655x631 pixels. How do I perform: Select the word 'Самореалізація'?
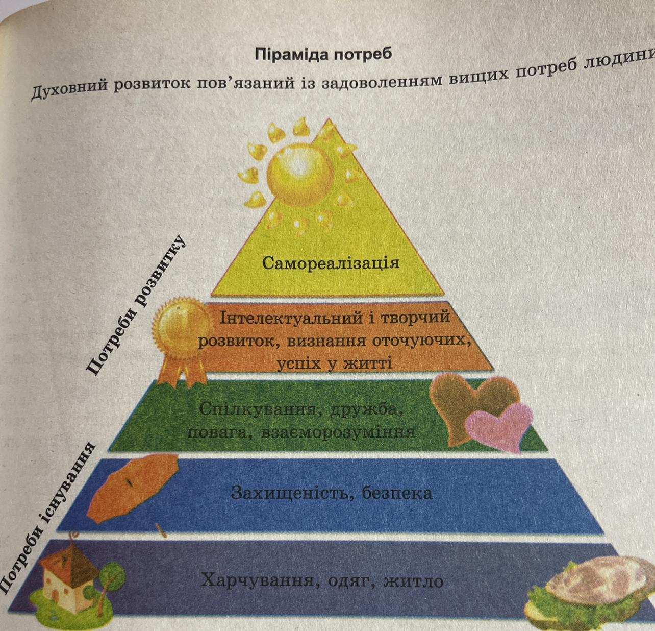coord(331,263)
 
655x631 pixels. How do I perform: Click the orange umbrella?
coord(135,485)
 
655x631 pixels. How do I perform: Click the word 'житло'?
coord(414,581)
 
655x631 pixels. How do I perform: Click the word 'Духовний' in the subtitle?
coord(69,92)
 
